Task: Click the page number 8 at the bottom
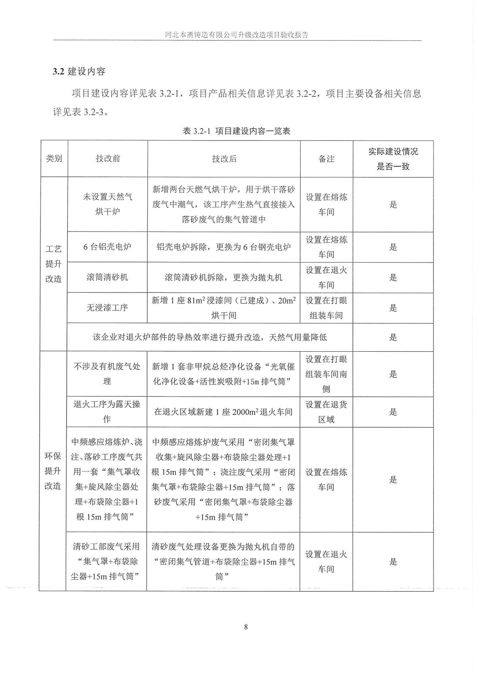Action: pyautogui.click(x=246, y=627)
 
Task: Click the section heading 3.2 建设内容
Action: pyautogui.click(x=79, y=72)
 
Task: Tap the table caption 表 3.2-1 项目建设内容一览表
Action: pyautogui.click(x=236, y=131)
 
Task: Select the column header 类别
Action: pyautogui.click(x=54, y=159)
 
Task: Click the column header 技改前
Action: pyautogui.click(x=108, y=159)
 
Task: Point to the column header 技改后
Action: pyautogui.click(x=224, y=159)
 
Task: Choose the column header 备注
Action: pyautogui.click(x=326, y=159)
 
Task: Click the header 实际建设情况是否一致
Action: pyautogui.click(x=393, y=159)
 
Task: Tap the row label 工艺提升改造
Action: pyautogui.click(x=53, y=264)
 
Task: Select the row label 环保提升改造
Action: pyautogui.click(x=53, y=471)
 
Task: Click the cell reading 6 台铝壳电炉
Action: pyautogui.click(x=107, y=247)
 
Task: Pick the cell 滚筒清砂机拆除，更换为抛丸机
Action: pyautogui.click(x=224, y=277)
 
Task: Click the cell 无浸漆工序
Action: pyautogui.click(x=107, y=308)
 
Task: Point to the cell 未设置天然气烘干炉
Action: pyautogui.click(x=107, y=204)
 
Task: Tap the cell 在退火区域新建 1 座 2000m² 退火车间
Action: pyautogui.click(x=223, y=412)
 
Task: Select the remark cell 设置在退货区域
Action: pyautogui.click(x=326, y=412)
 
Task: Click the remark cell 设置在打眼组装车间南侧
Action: pyautogui.click(x=326, y=374)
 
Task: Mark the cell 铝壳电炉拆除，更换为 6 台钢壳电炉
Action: pyautogui.click(x=224, y=247)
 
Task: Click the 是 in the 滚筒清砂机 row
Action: pyautogui.click(x=393, y=277)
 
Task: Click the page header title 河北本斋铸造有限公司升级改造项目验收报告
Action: pyautogui.click(x=237, y=35)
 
